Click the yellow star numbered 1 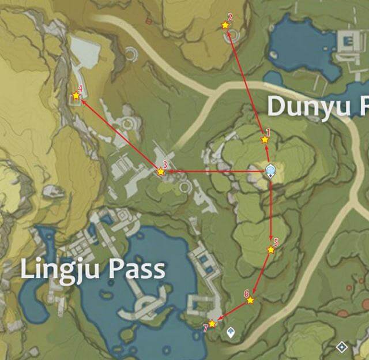click(x=265, y=140)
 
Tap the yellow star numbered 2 click(x=225, y=25)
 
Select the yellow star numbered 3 click(x=161, y=171)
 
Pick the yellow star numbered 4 click(x=76, y=96)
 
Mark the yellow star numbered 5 click(x=270, y=250)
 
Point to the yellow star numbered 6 click(x=250, y=300)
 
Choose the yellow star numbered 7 click(x=212, y=324)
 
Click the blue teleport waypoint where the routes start click(x=270, y=170)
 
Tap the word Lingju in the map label click(x=56, y=270)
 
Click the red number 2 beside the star click(x=230, y=17)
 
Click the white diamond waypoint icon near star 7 click(x=231, y=332)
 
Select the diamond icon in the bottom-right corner click(x=341, y=347)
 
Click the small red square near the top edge click(x=149, y=21)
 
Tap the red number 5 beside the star click(x=276, y=243)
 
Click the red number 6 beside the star click(x=246, y=293)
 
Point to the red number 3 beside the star click(x=165, y=164)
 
